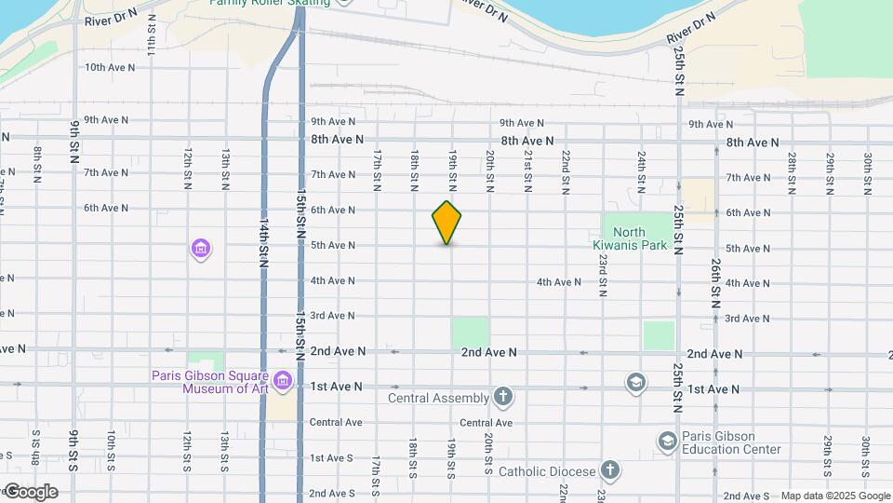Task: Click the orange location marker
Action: (x=447, y=223)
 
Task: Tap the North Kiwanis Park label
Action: (x=643, y=239)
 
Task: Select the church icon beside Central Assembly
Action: (x=503, y=398)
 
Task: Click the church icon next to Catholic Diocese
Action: (x=609, y=470)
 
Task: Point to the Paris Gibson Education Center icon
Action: (x=667, y=440)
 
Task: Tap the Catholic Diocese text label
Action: (x=547, y=471)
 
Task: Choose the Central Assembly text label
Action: (x=438, y=399)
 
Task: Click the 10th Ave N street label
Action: (x=106, y=67)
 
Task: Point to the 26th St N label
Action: (x=715, y=284)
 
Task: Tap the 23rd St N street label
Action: (x=603, y=276)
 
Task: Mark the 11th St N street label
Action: (x=151, y=44)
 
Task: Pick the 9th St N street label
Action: (x=73, y=141)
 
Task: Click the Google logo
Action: (x=31, y=492)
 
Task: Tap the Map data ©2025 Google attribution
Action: (x=834, y=496)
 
